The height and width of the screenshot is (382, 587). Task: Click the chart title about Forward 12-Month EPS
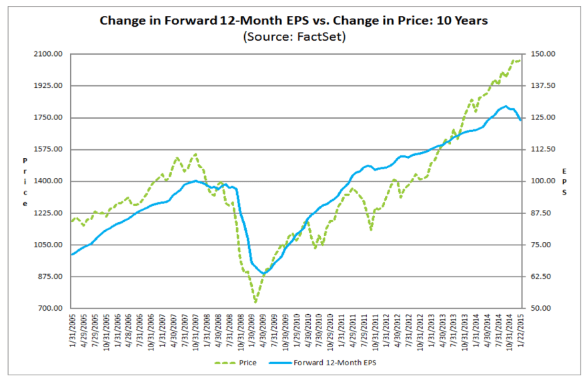pyautogui.click(x=293, y=21)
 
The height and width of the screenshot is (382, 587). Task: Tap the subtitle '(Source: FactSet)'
pyautogui.click(x=293, y=36)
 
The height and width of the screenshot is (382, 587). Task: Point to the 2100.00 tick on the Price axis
pyautogui.click(x=49, y=54)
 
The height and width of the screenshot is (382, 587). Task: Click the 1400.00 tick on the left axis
pyautogui.click(x=49, y=181)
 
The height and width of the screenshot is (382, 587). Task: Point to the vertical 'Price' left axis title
pyautogui.click(x=25, y=182)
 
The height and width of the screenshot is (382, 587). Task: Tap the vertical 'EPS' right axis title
pyautogui.click(x=564, y=182)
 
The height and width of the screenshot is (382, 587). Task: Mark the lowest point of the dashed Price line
pyautogui.click(x=255, y=302)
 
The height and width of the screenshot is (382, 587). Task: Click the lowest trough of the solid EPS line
pyautogui.click(x=263, y=273)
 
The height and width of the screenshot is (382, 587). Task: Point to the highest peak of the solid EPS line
pyautogui.click(x=506, y=106)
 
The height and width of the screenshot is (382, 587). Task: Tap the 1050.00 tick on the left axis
pyautogui.click(x=49, y=245)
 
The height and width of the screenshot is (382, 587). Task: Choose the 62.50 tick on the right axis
pyautogui.click(x=542, y=277)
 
